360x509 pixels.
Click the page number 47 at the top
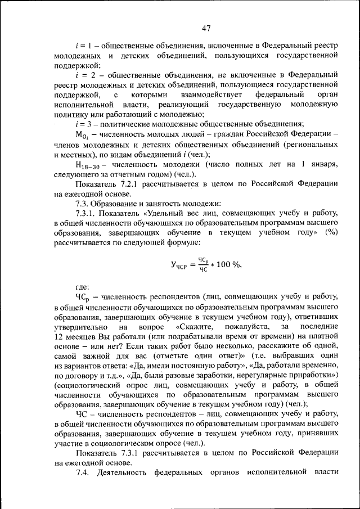point(206,29)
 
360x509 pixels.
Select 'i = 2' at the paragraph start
point(84,75)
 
